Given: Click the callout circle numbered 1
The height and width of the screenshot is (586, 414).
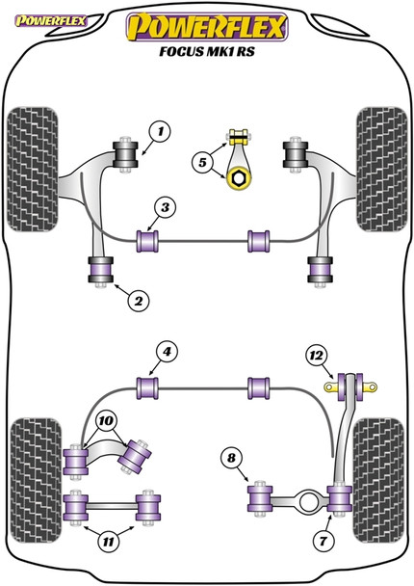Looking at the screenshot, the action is click(160, 131).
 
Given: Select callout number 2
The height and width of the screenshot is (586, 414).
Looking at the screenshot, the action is click(138, 301).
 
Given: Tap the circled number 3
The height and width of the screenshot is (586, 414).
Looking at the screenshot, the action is click(165, 207).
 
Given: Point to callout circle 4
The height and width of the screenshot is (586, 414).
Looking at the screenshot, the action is click(167, 352).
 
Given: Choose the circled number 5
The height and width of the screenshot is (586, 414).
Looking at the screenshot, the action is click(202, 163).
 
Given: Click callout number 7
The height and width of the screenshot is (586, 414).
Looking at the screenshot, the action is click(323, 541).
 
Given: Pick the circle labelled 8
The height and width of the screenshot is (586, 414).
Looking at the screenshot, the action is click(231, 458).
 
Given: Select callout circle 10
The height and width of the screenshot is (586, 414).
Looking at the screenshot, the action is click(106, 421).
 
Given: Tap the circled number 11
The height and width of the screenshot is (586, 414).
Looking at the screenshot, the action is click(108, 542).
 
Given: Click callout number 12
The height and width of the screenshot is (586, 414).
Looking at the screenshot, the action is click(316, 356).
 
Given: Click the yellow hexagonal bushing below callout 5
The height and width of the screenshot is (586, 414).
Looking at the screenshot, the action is click(239, 178).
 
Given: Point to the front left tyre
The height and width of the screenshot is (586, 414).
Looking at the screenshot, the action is click(33, 170).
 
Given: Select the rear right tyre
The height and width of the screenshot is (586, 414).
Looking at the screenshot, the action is click(378, 481).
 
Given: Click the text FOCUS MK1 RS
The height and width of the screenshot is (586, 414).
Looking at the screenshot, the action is click(207, 51).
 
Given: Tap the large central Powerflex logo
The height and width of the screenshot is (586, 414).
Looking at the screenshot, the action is click(207, 27).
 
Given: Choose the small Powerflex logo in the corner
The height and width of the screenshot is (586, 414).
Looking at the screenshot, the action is click(51, 21).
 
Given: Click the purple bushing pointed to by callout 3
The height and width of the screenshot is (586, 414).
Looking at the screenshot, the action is click(147, 241).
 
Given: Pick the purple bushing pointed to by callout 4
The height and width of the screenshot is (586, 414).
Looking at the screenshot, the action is click(147, 388).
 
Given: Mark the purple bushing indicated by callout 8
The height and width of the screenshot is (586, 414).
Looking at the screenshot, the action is click(260, 498).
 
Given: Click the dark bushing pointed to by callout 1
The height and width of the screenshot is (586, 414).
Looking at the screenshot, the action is click(126, 155).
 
